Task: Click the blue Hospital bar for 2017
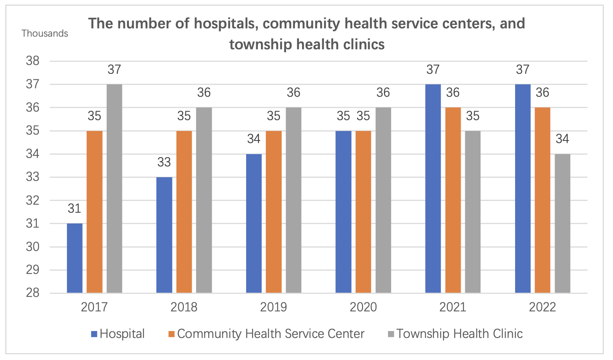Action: pyautogui.click(x=75, y=258)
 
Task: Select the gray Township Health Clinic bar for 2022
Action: pyautogui.click(x=562, y=223)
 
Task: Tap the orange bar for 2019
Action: pyautogui.click(x=273, y=211)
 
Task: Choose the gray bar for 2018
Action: pyautogui.click(x=204, y=200)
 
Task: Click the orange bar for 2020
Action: pyautogui.click(x=363, y=211)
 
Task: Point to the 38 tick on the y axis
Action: pyautogui.click(x=33, y=61)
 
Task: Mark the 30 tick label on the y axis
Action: pyautogui.click(x=33, y=247)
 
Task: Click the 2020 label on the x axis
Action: pyautogui.click(x=363, y=307)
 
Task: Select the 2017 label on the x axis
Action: pyautogui.click(x=94, y=307)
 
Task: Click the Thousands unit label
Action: pyautogui.click(x=45, y=33)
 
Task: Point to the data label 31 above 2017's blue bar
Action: pyautogui.click(x=75, y=209)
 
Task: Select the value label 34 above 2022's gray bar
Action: pyautogui.click(x=562, y=139)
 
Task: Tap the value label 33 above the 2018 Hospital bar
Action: pyautogui.click(x=164, y=162)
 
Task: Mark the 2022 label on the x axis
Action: pyautogui.click(x=543, y=307)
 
